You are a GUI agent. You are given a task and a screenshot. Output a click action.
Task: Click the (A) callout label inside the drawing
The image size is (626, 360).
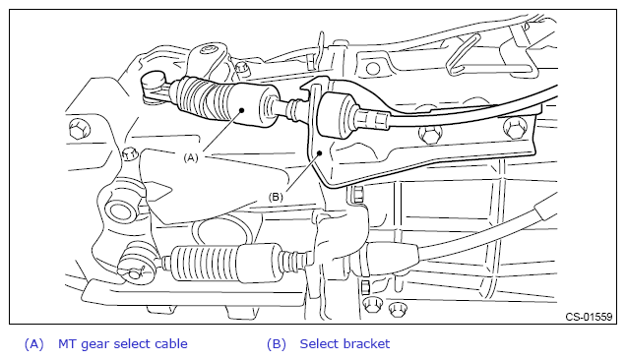(x=190, y=157)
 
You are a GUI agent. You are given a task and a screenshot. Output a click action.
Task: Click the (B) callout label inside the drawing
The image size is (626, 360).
(x=276, y=197)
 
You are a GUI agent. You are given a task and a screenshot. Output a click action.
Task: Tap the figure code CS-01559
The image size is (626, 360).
(x=589, y=317)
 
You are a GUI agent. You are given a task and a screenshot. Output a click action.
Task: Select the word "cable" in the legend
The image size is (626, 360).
(x=171, y=343)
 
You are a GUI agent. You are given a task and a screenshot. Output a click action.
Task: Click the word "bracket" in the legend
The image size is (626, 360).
(x=368, y=343)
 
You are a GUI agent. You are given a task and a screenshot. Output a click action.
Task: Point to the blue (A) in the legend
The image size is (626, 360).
(x=33, y=344)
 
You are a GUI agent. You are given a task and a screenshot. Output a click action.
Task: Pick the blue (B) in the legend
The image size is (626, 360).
(x=277, y=344)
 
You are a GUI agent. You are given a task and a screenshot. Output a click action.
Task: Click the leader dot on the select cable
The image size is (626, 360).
(x=241, y=110)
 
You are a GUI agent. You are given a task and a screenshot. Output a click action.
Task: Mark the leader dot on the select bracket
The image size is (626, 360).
(x=319, y=152)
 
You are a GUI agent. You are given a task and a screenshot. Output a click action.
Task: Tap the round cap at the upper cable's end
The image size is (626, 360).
(x=154, y=80)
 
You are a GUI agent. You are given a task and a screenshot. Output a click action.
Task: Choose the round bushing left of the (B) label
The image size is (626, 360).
(x=120, y=211)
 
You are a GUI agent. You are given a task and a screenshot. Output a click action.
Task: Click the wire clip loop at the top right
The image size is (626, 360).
(x=464, y=54)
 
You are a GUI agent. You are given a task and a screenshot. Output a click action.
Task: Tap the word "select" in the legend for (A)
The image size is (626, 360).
(x=133, y=343)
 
